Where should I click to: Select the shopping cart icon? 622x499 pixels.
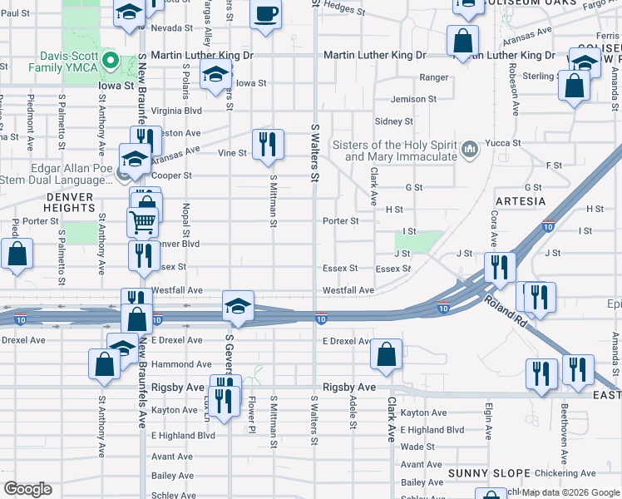point(143,222)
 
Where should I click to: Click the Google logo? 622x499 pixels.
point(27,489)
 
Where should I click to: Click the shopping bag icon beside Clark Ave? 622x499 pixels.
point(387,353)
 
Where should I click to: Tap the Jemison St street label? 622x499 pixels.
point(413,99)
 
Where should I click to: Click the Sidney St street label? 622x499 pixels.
point(394,121)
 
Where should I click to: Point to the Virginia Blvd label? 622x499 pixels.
point(176,110)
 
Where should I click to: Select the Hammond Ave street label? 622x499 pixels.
point(181,364)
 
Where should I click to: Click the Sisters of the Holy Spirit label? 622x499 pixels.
point(394,150)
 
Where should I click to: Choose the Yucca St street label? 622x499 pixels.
point(504,143)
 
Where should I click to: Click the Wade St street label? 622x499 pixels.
point(412,447)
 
